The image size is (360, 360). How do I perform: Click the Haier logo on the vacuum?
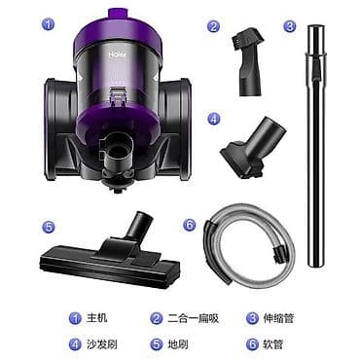pyautogui.click(x=118, y=54)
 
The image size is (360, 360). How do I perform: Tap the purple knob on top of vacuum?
pyautogui.click(x=117, y=14)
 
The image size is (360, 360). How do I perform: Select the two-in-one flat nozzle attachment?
pyautogui.click(x=248, y=63)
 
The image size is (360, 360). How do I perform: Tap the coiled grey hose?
pyautogui.click(x=249, y=246)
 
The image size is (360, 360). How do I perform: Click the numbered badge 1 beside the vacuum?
pyautogui.click(x=48, y=24)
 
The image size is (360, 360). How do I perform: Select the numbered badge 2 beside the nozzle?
pyautogui.click(x=213, y=26)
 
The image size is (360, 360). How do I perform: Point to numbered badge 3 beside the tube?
pyautogui.click(x=290, y=26)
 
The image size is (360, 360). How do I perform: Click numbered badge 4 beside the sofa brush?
pyautogui.click(x=213, y=119)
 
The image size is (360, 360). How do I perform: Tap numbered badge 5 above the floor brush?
pyautogui.click(x=48, y=227)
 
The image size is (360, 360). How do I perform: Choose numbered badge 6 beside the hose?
pyautogui.click(x=190, y=225)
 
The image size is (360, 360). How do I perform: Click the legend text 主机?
pyautogui.click(x=96, y=318)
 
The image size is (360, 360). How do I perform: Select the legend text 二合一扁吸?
pyautogui.click(x=194, y=318)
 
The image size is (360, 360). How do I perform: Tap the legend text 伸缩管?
pyautogui.click(x=278, y=318)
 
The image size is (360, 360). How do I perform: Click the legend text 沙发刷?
pyautogui.click(x=102, y=344)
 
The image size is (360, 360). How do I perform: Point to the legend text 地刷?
pyautogui.click(x=178, y=344)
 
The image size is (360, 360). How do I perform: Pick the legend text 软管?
pyautogui.click(x=273, y=344)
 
